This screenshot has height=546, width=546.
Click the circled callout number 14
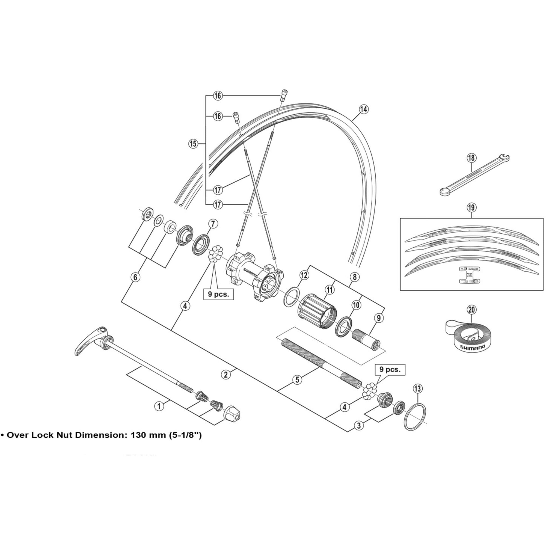364,109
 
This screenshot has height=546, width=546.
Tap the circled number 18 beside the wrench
471,158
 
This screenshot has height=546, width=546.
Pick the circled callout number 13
418,389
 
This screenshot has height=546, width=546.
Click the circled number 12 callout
304,275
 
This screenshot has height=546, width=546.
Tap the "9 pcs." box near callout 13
390,370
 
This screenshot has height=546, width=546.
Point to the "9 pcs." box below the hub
218,294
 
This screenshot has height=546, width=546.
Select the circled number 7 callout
213,224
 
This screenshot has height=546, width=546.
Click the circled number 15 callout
193,144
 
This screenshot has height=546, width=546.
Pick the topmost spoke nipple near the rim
283,95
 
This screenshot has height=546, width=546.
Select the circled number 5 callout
297,379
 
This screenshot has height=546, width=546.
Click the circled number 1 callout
159,406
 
